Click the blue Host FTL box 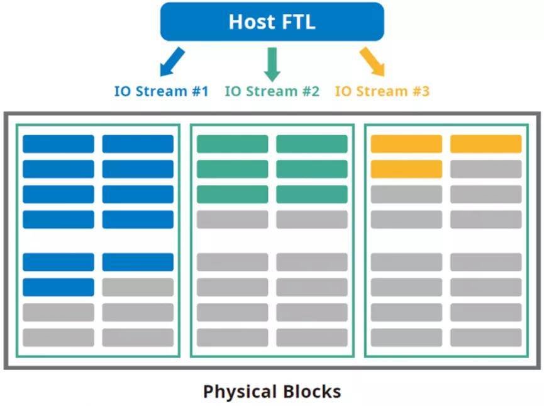[x=272, y=21]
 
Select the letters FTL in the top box [x=298, y=21]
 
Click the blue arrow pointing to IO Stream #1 [x=172, y=62]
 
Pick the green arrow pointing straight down [x=272, y=65]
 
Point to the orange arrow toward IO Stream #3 [x=372, y=62]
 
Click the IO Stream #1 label [x=162, y=91]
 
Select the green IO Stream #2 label [x=272, y=91]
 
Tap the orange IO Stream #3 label [x=382, y=91]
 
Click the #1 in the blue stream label [x=200, y=91]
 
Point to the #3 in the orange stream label [x=421, y=91]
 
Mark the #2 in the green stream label [x=311, y=91]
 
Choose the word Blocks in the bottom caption [x=311, y=391]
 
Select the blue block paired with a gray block [x=58, y=287]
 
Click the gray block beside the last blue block [x=138, y=287]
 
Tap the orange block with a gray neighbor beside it [x=406, y=169]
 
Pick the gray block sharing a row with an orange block [x=486, y=169]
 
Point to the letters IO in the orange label [x=343, y=91]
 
